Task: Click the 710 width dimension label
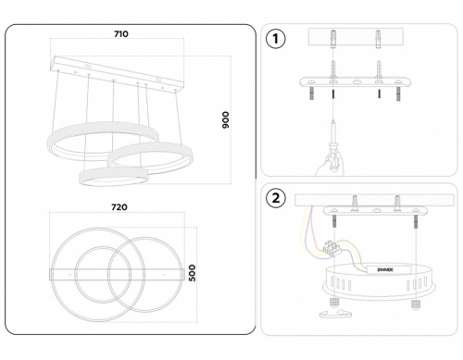(119, 33)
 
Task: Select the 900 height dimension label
(225, 119)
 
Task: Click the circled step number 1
(275, 40)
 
